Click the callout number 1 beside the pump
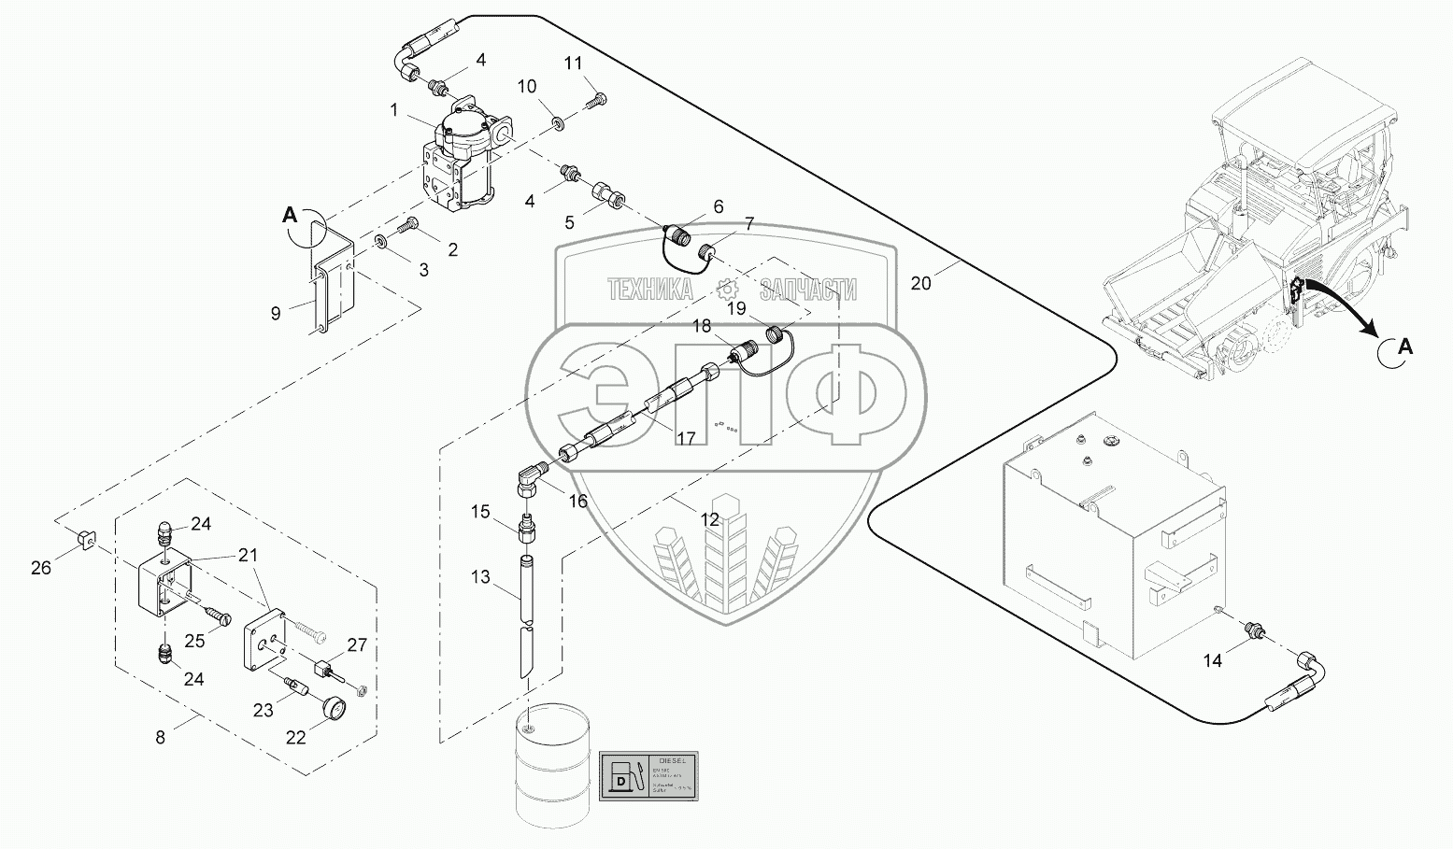394,110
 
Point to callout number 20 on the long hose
920,283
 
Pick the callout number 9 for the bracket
276,314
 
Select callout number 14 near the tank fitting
1212,660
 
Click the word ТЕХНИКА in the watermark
650,290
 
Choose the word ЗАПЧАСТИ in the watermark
808,290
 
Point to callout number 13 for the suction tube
480,577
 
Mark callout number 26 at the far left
40,566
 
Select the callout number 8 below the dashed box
160,737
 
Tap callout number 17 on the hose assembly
687,437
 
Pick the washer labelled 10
558,121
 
